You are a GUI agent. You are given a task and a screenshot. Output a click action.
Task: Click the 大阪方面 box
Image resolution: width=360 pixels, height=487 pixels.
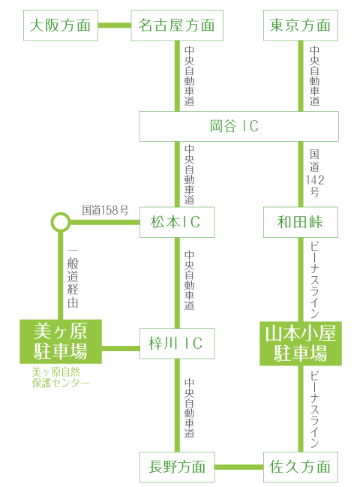pos(61,26)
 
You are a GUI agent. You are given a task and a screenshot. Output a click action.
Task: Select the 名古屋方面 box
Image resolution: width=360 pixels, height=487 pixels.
pos(177,26)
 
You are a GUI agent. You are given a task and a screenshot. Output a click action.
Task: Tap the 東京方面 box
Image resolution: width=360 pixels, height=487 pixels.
pos(301,26)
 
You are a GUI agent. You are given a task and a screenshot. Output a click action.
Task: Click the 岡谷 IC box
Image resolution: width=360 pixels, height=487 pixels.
pos(238,126)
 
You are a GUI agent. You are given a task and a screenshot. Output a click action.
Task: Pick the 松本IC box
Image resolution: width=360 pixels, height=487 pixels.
pos(177,222)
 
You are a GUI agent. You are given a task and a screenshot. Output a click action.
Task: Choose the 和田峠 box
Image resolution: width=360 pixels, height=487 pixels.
pos(301,222)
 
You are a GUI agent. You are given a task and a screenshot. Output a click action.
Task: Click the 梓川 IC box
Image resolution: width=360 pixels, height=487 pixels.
pos(177,344)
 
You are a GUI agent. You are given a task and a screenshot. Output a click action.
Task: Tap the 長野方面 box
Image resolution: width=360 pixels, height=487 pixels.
pos(177,467)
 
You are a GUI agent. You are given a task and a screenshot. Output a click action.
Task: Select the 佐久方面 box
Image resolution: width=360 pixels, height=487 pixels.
pos(301,467)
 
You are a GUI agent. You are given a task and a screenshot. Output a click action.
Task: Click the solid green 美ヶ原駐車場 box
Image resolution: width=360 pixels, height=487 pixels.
pos(61,341)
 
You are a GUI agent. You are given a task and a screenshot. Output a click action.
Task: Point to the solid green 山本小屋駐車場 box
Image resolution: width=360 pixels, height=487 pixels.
pos(301,344)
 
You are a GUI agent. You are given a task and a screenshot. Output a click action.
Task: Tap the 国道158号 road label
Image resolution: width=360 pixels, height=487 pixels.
pos(105,210)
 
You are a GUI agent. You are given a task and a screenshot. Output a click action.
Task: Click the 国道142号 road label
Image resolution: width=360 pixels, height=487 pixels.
pos(315,173)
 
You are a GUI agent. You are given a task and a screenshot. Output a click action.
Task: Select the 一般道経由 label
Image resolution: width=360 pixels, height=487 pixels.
pos(73,278)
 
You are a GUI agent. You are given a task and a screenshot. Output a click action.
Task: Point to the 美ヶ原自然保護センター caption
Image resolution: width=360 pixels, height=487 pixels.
pos(61,377)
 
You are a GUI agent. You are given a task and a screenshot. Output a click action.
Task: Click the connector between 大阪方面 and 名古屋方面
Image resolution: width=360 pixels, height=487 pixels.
pos(115,26)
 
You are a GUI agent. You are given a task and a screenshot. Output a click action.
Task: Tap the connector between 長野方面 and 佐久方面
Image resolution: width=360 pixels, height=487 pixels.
pos(239,467)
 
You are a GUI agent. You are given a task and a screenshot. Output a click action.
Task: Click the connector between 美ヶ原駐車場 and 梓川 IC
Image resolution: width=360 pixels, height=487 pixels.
pos(121,348)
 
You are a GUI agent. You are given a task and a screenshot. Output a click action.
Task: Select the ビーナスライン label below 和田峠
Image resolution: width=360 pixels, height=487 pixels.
pos(315,280)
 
